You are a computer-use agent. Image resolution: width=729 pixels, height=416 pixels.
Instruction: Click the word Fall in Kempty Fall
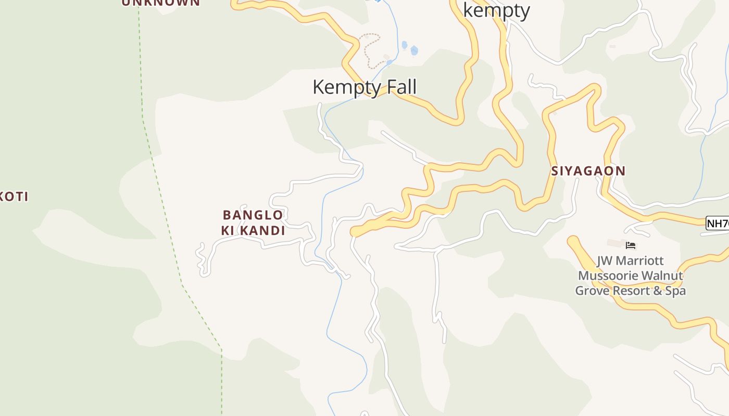click(x=399, y=87)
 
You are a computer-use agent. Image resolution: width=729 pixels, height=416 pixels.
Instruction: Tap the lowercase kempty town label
click(x=496, y=10)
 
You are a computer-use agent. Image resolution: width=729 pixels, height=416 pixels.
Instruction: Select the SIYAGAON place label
click(x=588, y=171)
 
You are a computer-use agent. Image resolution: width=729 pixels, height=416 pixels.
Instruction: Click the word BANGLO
click(x=253, y=215)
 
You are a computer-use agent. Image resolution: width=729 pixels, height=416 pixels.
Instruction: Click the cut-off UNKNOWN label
click(x=160, y=3)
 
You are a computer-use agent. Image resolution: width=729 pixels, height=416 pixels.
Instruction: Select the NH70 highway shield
click(x=718, y=224)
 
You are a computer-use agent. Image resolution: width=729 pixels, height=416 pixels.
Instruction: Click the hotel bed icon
click(x=631, y=245)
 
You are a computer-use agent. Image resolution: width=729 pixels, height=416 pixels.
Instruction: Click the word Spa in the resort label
click(x=675, y=291)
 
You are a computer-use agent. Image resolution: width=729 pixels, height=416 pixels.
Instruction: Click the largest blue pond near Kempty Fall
click(x=414, y=50)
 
